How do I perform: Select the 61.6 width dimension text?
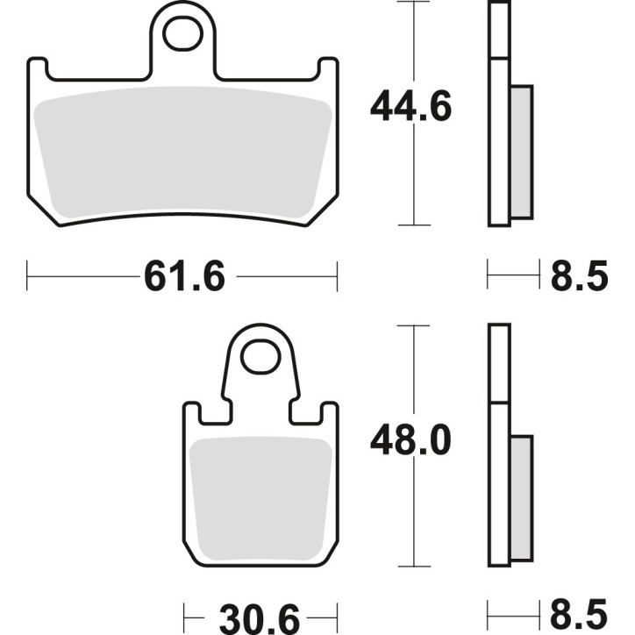pos(184,277)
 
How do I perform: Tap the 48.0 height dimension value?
pos(410,441)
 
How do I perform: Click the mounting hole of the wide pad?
pos(183,35)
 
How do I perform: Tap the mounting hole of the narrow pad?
pos(260,358)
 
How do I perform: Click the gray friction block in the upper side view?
pos(521,152)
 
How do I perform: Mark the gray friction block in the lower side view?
pos(521,500)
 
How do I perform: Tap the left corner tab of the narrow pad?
pos(192,415)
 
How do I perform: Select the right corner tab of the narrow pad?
pos(329,415)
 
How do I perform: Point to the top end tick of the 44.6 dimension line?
pos(413,3)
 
